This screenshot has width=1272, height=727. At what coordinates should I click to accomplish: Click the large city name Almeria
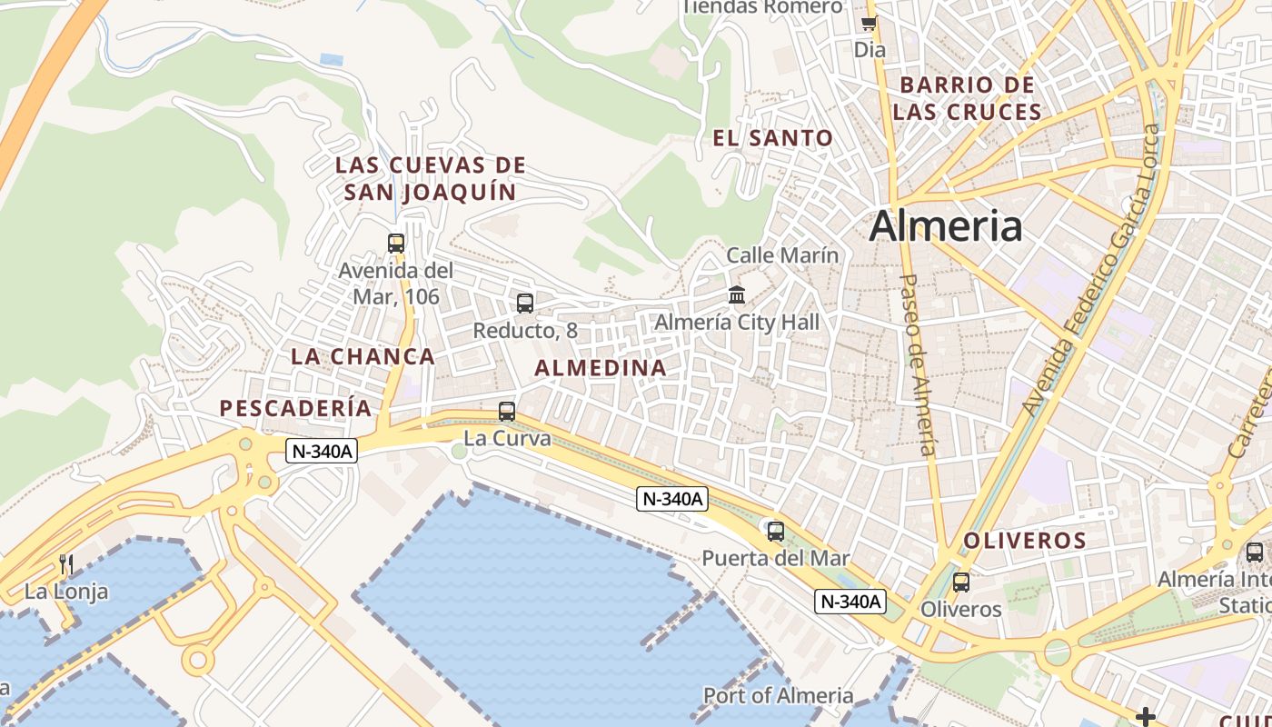pyautogui.click(x=945, y=226)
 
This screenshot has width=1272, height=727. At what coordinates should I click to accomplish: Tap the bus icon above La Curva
pyautogui.click(x=507, y=412)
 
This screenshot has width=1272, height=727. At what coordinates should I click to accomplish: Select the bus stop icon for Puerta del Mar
pyautogui.click(x=775, y=532)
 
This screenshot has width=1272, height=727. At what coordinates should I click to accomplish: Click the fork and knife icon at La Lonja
pyautogui.click(x=66, y=564)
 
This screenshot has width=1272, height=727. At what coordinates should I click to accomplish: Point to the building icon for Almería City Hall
pyautogui.click(x=737, y=295)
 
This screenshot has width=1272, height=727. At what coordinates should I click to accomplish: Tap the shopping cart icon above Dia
pyautogui.click(x=870, y=23)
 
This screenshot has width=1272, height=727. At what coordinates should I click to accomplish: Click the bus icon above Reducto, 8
pyautogui.click(x=525, y=304)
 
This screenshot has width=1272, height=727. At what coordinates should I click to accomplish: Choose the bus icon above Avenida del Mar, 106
pyautogui.click(x=396, y=244)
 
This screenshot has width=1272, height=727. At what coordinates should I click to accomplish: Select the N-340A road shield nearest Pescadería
pyautogui.click(x=322, y=450)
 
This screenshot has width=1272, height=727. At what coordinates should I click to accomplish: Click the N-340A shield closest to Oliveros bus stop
pyautogui.click(x=850, y=601)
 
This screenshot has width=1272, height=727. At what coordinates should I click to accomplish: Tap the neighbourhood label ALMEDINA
pyautogui.click(x=601, y=368)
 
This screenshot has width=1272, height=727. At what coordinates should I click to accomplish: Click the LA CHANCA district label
pyautogui.click(x=363, y=356)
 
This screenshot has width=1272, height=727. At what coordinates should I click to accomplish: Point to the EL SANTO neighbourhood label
pyautogui.click(x=772, y=138)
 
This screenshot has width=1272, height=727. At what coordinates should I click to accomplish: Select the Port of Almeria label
pyautogui.click(x=778, y=696)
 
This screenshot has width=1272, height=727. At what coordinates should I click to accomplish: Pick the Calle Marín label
pyautogui.click(x=782, y=255)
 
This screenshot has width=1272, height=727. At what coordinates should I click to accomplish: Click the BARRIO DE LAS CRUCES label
pyautogui.click(x=967, y=98)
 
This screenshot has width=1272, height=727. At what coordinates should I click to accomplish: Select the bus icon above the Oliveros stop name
pyautogui.click(x=960, y=583)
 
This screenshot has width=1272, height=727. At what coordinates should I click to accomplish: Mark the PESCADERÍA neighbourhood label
pyautogui.click(x=296, y=408)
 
